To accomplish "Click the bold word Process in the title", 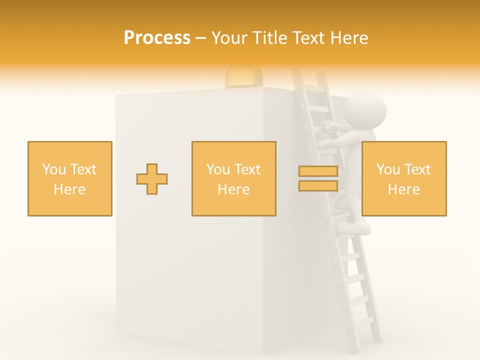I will [157, 38].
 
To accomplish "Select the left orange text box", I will [70, 178].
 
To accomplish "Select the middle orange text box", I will [233, 178].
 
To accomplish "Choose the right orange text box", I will [403, 178].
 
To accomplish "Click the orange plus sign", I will [152, 178].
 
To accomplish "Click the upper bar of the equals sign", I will [318, 171].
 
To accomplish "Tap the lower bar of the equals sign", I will [318, 185].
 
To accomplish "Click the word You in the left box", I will [53, 169].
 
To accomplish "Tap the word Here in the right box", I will [403, 189].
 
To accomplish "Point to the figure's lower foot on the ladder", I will [354, 227].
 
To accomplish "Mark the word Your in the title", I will [229, 38].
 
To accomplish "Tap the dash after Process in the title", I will [200, 38].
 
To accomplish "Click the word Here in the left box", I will [70, 189].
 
